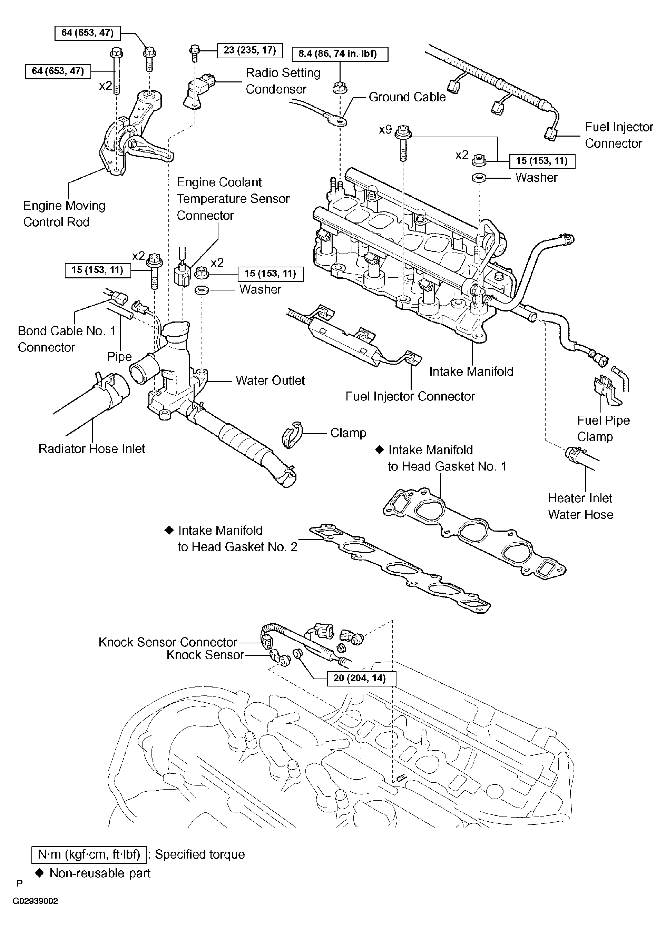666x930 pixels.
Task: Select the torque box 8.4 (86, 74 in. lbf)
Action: click(340, 54)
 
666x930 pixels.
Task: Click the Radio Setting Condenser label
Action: click(283, 81)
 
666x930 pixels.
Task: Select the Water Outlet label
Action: click(270, 380)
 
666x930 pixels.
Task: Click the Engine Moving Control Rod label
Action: click(65, 214)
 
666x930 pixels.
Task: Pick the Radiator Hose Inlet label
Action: click(92, 448)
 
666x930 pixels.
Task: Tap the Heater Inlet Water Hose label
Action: click(581, 506)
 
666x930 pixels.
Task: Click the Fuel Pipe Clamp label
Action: click(603, 428)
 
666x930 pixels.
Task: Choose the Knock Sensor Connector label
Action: click(168, 642)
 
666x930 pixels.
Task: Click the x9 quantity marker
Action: click(385, 130)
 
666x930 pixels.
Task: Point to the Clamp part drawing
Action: click(292, 434)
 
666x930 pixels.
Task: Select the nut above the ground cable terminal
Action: click(340, 88)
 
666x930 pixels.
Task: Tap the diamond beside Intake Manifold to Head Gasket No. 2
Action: click(169, 531)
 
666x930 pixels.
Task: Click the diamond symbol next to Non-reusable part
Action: click(40, 873)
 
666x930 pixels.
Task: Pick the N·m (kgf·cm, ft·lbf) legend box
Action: click(89, 854)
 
